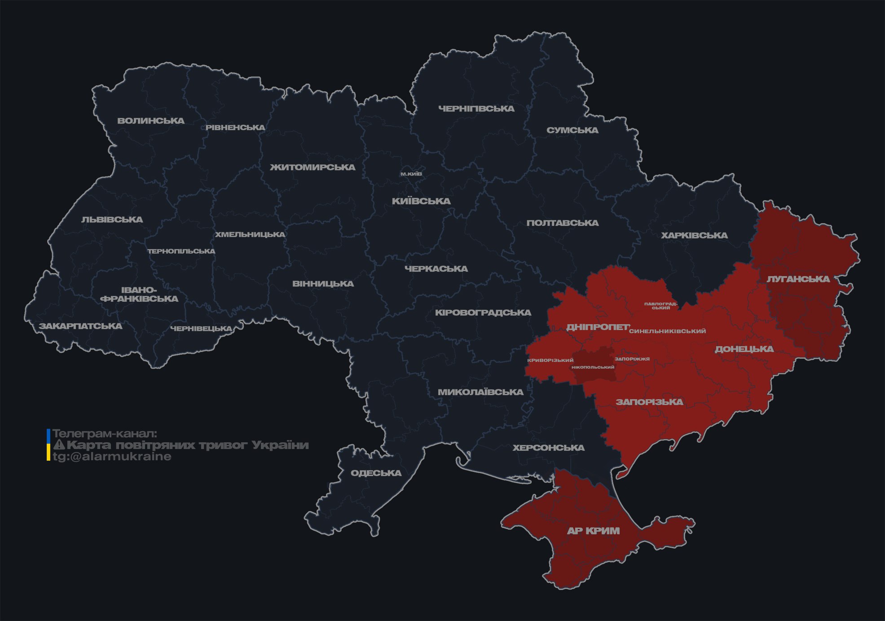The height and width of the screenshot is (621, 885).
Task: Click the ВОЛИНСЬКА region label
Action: [x=151, y=121]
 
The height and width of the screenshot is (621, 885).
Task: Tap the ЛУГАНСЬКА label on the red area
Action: [x=798, y=279]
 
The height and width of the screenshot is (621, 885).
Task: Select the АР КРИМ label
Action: [x=593, y=531]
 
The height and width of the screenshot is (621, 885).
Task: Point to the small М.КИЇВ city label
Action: [x=411, y=174]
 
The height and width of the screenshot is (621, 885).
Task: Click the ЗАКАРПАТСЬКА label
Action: [x=80, y=326]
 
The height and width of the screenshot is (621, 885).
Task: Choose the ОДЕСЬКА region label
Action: [x=376, y=473]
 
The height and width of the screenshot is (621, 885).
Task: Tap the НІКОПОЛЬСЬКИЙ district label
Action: [x=593, y=367]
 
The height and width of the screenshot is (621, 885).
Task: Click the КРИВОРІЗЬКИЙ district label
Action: [x=550, y=360]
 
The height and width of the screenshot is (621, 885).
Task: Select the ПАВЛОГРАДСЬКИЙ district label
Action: [x=660, y=306]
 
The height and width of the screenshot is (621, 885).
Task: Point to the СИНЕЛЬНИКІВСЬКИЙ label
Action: [x=667, y=331]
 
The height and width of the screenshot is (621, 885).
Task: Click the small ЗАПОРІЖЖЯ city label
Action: [x=632, y=359]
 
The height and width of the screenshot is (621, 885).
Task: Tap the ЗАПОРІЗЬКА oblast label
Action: [x=649, y=402]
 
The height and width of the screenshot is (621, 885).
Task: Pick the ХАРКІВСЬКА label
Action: [x=694, y=235]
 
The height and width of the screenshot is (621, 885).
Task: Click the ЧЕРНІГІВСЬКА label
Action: [x=476, y=109]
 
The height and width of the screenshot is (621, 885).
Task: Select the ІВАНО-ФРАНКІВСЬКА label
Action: [x=139, y=294]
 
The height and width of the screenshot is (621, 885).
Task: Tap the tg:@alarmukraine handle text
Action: [x=112, y=457]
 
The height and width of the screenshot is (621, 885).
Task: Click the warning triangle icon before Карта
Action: [x=59, y=445]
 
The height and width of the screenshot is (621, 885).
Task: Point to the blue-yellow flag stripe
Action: [x=48, y=445]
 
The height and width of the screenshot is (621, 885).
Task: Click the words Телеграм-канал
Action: [x=105, y=433]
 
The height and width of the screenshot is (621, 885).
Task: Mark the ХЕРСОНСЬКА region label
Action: [x=548, y=448]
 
